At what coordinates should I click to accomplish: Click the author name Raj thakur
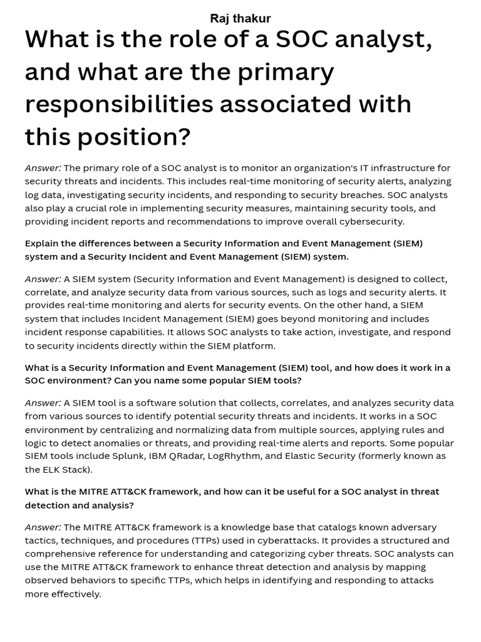pos(240,18)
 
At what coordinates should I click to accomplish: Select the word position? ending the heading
pos(134,137)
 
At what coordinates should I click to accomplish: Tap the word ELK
pos(53,470)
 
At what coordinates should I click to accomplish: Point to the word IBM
pos(159,456)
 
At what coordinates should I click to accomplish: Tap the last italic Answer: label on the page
pos(43,527)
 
